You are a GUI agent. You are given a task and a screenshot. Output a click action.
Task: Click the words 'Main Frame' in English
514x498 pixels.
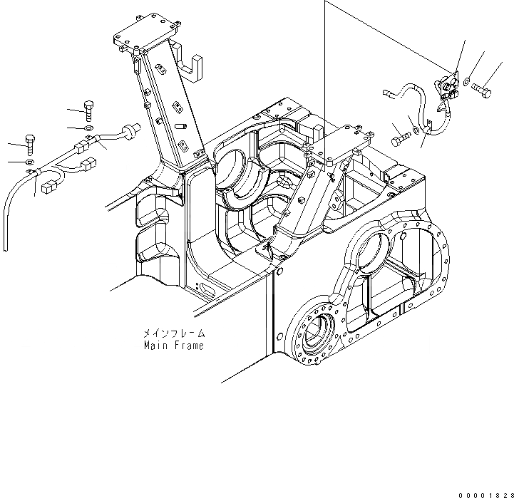pyautogui.click(x=173, y=346)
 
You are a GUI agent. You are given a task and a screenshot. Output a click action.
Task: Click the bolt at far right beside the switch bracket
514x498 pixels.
pyautogui.click(x=483, y=91)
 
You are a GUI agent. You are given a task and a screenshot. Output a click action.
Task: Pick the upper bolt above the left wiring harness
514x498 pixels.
pyautogui.click(x=88, y=108)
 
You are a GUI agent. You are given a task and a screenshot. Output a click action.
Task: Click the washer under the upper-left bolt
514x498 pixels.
pyautogui.click(x=88, y=128)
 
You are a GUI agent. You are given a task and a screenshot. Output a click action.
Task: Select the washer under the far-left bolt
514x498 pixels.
pyautogui.click(x=29, y=162)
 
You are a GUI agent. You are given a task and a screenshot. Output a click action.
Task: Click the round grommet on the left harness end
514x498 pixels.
pyautogui.click(x=129, y=130)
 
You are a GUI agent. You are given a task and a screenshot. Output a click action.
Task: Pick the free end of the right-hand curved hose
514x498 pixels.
pyautogui.click(x=386, y=91)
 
